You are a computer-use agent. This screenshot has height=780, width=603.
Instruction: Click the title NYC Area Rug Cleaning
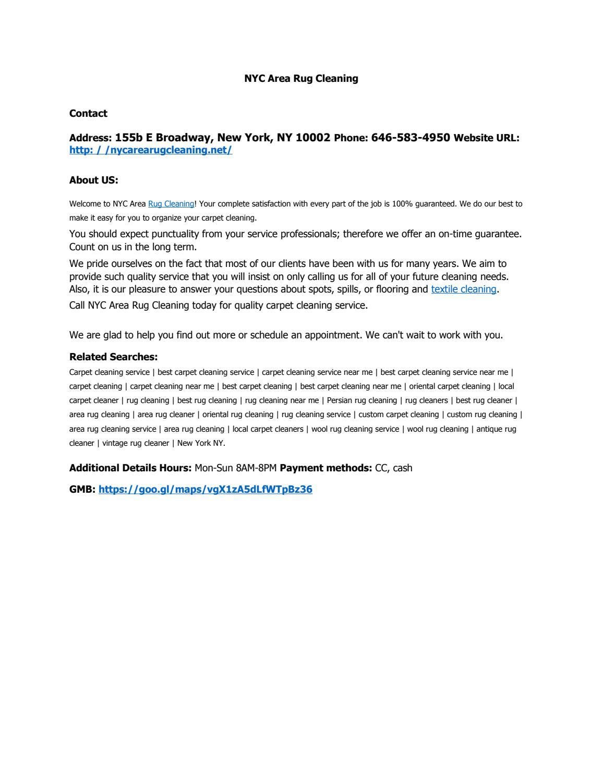click(x=301, y=78)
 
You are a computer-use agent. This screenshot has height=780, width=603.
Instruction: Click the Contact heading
click(x=88, y=113)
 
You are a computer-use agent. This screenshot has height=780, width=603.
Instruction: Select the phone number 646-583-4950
click(x=411, y=138)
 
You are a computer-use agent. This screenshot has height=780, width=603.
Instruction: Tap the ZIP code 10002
click(x=312, y=138)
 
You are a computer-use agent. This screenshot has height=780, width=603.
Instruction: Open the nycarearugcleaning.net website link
click(x=151, y=150)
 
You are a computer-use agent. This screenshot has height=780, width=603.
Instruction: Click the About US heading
click(x=94, y=180)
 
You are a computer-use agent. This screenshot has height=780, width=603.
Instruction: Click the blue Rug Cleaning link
click(x=171, y=204)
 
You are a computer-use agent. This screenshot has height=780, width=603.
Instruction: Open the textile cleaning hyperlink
click(x=463, y=289)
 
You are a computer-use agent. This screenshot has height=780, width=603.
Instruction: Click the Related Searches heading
click(x=113, y=357)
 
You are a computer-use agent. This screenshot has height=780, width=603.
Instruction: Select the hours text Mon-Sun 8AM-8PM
click(x=235, y=468)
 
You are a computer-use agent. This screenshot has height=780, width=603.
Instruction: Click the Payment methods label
click(x=326, y=468)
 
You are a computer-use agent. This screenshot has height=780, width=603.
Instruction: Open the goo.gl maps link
click(x=205, y=489)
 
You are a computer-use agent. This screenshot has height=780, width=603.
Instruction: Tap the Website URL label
click(x=486, y=138)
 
